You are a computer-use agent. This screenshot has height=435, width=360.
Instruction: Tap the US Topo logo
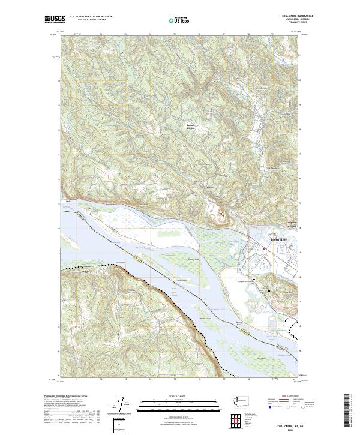[176, 20]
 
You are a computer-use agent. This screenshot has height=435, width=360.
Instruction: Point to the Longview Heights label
[289, 227]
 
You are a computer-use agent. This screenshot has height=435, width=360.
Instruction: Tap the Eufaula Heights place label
[191, 127]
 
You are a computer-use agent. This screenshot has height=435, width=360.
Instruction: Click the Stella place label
[68, 202]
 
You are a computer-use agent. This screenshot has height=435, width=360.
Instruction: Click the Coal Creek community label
[271, 169]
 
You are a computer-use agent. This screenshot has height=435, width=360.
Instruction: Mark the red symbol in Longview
[265, 247]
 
